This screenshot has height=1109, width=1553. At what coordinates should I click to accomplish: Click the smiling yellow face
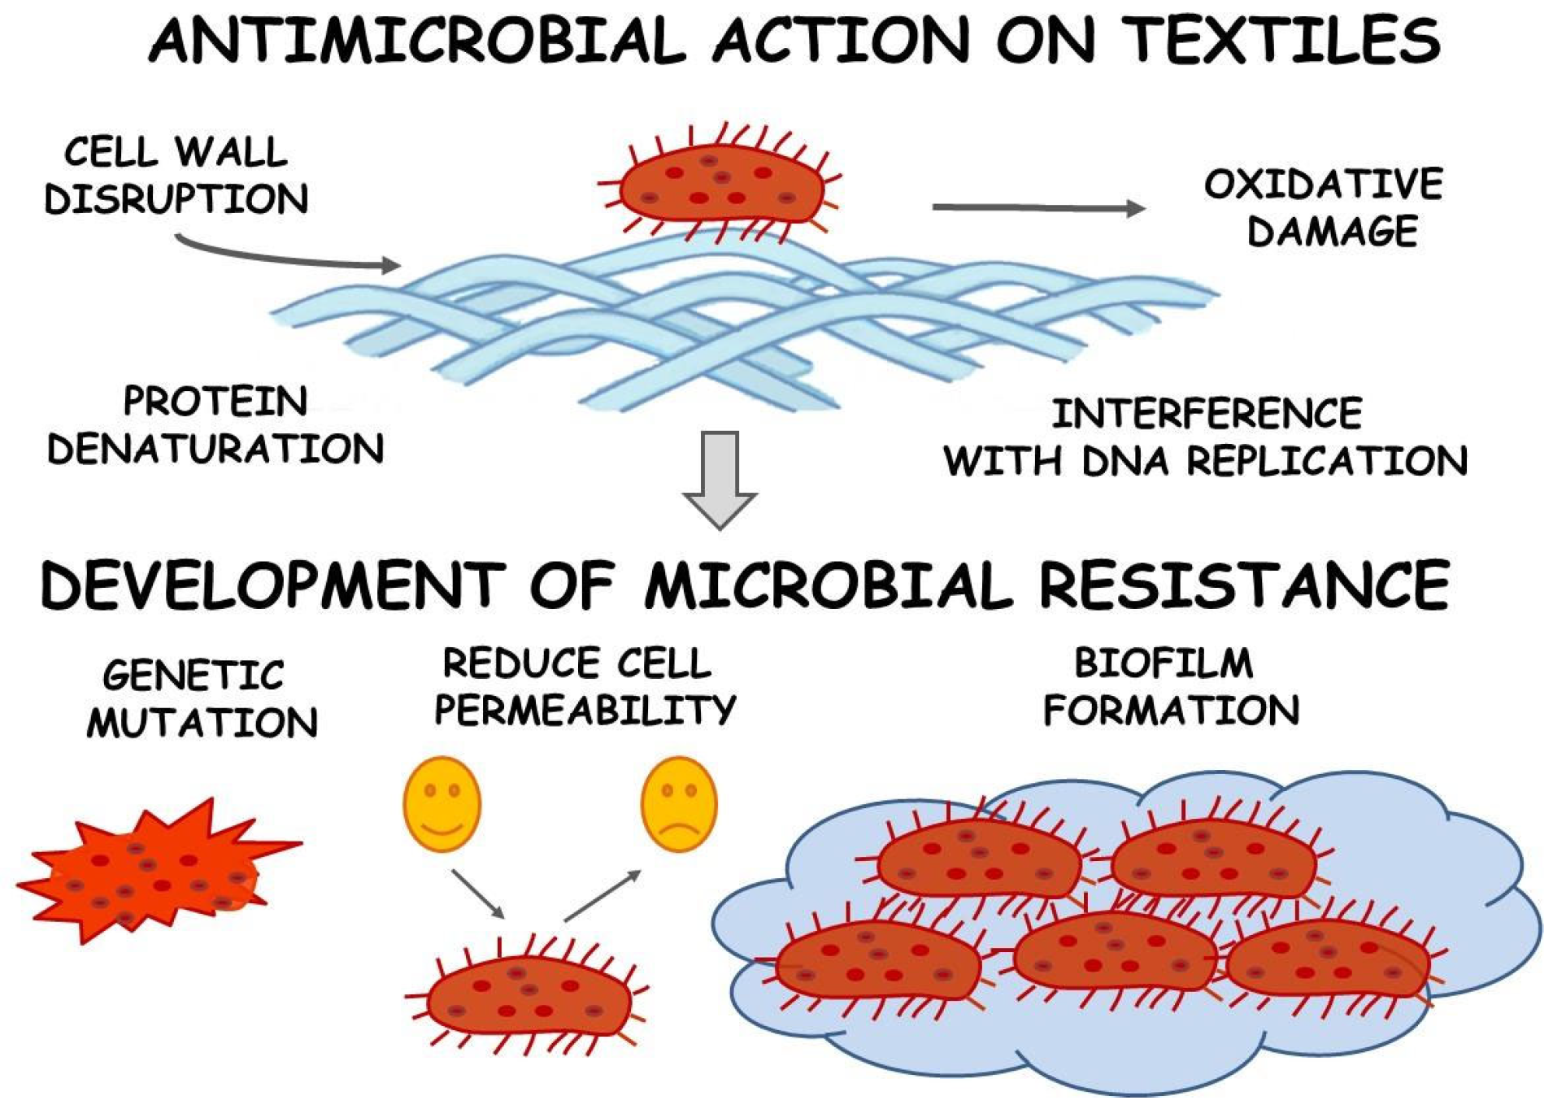[442, 803]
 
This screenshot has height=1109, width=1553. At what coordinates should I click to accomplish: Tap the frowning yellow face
[679, 803]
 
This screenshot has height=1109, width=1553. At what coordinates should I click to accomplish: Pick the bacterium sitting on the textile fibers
[720, 185]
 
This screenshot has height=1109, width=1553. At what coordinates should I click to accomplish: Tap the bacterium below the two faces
[529, 996]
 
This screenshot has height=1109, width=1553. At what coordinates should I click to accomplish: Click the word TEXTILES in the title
[1285, 41]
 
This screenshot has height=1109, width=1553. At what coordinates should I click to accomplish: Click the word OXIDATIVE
[1323, 185]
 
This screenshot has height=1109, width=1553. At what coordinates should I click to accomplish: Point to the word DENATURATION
[215, 449]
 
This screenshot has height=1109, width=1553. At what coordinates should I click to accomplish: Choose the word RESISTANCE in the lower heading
[1244, 585]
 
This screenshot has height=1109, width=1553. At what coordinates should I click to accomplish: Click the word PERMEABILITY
[585, 710]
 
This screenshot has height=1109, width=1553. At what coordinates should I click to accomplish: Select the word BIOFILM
[1164, 663]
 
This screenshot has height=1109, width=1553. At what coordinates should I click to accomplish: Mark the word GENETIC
[194, 675]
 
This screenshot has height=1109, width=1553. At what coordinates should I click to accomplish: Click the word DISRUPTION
[176, 199]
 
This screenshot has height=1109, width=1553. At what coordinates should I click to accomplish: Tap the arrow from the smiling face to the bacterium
[478, 894]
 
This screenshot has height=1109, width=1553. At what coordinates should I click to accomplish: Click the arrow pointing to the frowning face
[602, 895]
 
